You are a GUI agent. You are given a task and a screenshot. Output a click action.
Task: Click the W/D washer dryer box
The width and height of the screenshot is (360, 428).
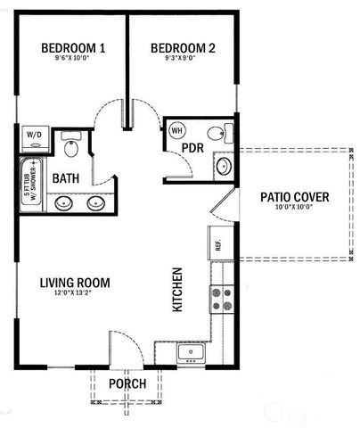coord(36,136)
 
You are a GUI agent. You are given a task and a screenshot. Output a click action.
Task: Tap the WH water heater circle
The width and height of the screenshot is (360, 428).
coord(176,130)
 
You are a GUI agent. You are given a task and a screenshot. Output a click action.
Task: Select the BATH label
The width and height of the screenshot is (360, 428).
coord(66,178)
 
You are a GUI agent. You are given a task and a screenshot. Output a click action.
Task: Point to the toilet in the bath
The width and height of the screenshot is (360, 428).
coord(71,144)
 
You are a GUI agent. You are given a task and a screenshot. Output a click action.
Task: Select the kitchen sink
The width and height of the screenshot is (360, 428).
coord(191,353)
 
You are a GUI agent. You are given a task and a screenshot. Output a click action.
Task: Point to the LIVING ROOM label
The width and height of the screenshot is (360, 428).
coord(75,284)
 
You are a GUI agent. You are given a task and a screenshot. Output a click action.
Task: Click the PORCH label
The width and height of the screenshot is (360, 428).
coord(127,383)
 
